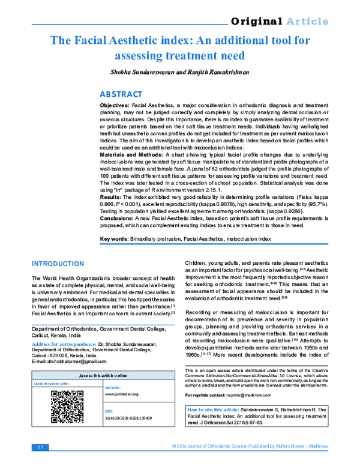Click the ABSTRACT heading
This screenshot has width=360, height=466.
point(121,94)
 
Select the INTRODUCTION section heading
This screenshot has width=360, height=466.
point(58,264)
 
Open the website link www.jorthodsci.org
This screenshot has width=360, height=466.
point(122,394)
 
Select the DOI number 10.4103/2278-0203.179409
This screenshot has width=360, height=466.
point(128,416)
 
